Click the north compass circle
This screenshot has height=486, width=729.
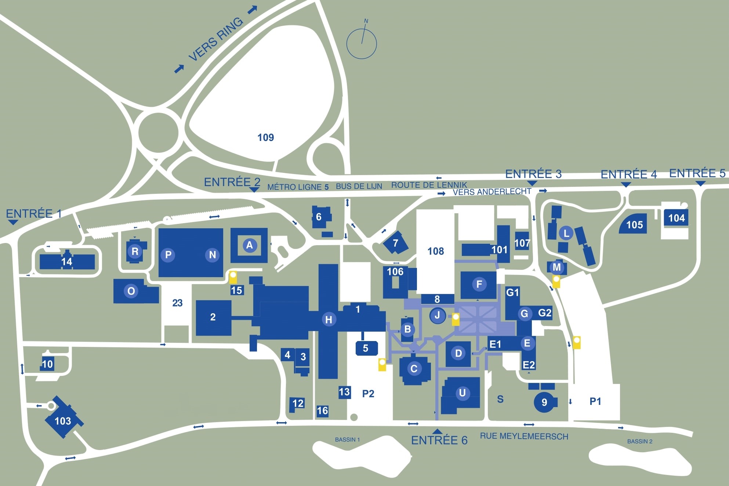[x=362, y=44]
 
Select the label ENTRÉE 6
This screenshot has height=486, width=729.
[x=439, y=440]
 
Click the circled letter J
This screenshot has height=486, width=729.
[x=437, y=315]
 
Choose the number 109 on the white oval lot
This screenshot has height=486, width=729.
[x=266, y=138]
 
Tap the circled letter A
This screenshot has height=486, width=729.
[x=250, y=245]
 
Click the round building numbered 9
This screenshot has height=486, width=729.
[x=544, y=402]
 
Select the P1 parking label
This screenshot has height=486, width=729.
[x=595, y=402]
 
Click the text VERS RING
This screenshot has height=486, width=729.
[x=216, y=39]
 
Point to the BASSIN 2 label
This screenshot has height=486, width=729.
[x=640, y=441]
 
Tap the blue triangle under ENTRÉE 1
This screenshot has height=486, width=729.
[x=13, y=222]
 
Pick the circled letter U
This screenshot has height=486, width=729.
[x=463, y=393]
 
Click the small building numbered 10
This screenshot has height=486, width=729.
[x=47, y=364]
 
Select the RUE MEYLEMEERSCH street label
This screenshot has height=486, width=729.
[x=524, y=436]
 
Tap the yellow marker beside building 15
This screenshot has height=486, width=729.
[x=233, y=277]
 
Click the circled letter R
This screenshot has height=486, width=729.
[x=135, y=251]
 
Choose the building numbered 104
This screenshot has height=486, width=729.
[x=676, y=218]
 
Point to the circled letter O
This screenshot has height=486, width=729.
[x=131, y=291]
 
